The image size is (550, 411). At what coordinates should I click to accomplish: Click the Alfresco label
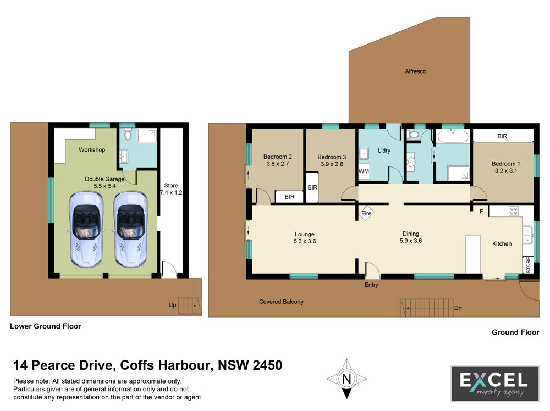point(415,71)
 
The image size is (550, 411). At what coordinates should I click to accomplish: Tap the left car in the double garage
point(86,230)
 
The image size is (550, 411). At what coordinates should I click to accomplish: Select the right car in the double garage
point(130,230)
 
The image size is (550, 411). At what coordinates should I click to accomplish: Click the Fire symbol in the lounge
point(366,213)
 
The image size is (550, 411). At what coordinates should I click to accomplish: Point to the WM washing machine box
point(364,171)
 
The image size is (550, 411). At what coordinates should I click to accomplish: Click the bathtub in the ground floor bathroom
point(453,136)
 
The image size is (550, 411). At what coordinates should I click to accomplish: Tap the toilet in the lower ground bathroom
point(128,134)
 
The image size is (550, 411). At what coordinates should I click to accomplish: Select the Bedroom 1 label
point(506,164)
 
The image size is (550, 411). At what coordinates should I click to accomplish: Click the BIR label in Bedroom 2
point(289,197)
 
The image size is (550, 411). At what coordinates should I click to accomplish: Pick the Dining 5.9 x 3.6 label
point(411,237)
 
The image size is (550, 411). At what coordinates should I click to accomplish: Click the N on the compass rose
point(346,379)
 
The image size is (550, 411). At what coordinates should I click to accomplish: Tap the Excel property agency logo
point(495,384)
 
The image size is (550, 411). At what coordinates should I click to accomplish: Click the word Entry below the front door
point(371,285)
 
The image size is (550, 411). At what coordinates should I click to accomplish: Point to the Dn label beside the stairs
point(458,308)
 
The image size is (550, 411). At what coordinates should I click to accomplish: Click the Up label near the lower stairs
point(172,305)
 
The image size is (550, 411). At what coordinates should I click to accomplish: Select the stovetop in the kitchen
point(514,211)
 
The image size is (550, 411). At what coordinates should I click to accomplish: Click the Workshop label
point(92,149)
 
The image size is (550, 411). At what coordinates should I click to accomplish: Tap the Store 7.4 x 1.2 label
point(171,189)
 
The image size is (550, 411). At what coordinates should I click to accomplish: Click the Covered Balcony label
point(281,302)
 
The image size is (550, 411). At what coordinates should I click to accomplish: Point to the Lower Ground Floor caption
point(46,326)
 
